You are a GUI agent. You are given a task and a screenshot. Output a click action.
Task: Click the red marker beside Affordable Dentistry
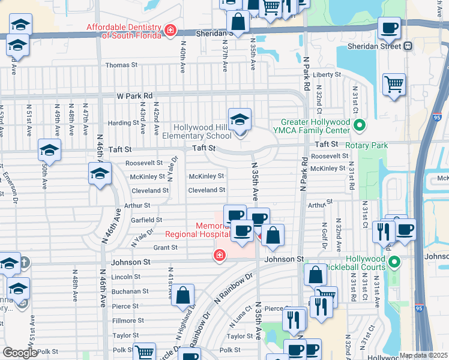point(171,30)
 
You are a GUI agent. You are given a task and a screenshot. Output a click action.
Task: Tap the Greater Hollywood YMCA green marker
point(360,126)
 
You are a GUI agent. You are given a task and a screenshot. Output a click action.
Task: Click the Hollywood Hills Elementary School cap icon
point(240,120)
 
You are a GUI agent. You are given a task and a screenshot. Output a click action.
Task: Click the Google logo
point(19,353)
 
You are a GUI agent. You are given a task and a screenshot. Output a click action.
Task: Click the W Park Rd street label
point(135,95)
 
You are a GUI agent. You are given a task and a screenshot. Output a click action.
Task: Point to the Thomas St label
point(121,65)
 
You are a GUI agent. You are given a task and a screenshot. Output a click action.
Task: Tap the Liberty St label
point(327,75)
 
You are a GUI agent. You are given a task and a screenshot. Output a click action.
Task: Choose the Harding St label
point(123,123)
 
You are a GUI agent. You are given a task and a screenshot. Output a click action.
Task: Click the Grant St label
point(165,247)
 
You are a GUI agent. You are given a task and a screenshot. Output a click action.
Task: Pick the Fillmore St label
point(125,321)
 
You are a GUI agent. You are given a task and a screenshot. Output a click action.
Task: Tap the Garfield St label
point(148,220)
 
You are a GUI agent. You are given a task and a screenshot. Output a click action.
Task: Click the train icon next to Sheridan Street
point(408,46)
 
